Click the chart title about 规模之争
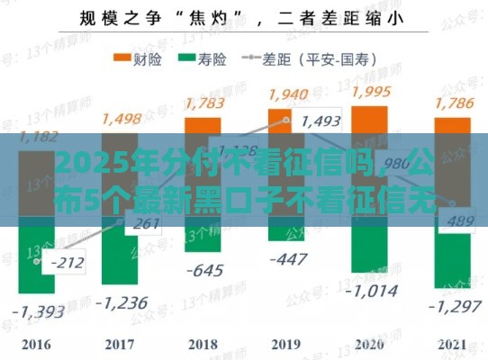243,16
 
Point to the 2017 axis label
121,344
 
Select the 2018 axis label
203,344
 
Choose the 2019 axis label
285,344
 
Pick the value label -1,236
122,303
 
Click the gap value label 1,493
322,121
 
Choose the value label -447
288,259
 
